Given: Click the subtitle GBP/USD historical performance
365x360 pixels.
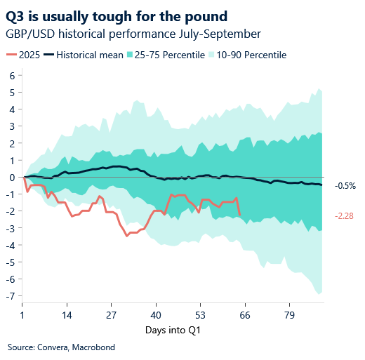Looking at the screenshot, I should (133, 34).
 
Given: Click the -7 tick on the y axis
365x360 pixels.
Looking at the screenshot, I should (11, 296).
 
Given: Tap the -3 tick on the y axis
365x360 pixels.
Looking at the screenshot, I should (11, 228).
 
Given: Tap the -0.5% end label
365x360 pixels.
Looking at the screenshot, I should (345, 186).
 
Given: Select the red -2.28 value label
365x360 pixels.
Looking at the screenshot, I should (345, 216).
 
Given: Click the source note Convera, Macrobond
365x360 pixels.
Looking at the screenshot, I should (61, 347).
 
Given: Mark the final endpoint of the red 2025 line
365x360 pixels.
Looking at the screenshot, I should (240, 215).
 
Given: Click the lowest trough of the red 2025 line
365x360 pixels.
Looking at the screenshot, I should (127, 236).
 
